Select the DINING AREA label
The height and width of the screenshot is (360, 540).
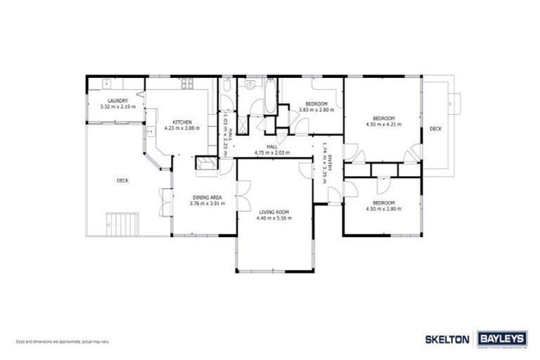pyautogui.click(x=206, y=198)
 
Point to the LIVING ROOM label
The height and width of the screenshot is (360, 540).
pyautogui.click(x=274, y=212)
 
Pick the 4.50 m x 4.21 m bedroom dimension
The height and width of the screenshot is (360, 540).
pyautogui.click(x=383, y=124)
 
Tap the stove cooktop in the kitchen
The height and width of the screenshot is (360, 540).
pyautogui.click(x=188, y=84)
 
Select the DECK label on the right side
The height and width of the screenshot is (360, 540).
pyautogui.click(x=435, y=129)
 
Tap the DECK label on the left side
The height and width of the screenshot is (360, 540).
pyautogui.click(x=122, y=181)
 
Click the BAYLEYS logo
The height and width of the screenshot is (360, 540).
pyautogui.click(x=501, y=338)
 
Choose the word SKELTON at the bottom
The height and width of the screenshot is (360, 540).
pyautogui.click(x=447, y=339)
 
